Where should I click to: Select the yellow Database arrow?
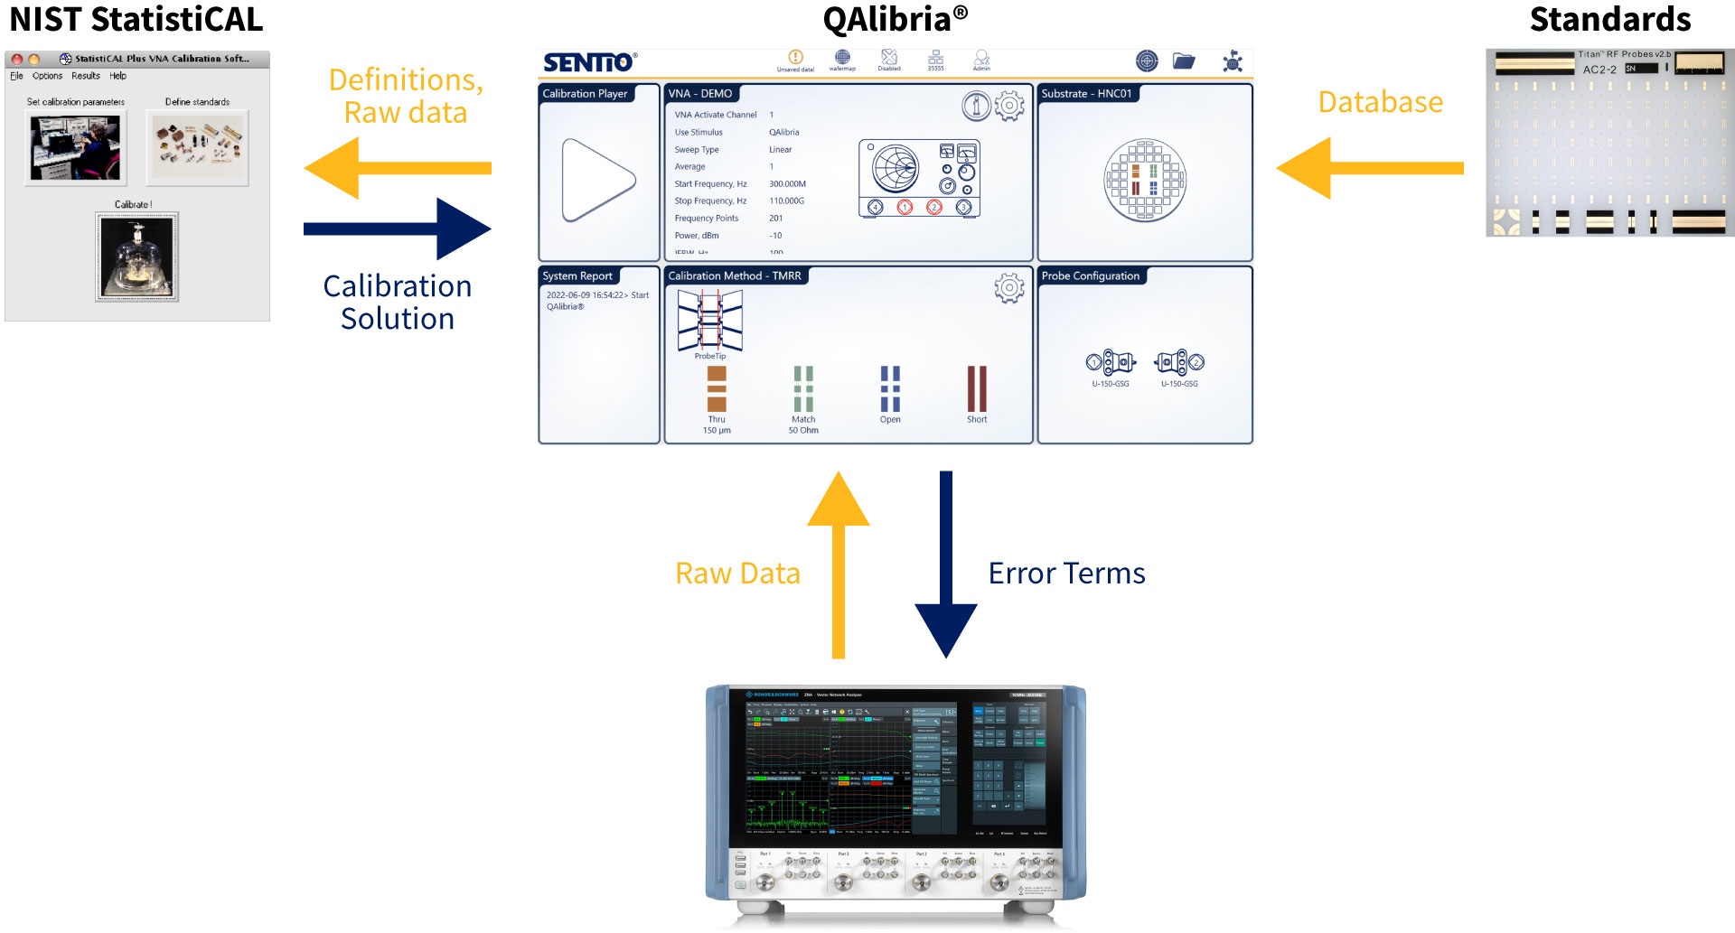(x=1368, y=168)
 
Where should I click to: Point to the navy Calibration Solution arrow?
(x=398, y=229)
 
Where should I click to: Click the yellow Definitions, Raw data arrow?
(x=398, y=168)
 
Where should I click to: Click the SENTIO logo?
(x=589, y=62)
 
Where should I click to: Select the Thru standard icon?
(x=717, y=389)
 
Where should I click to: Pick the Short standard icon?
(x=977, y=389)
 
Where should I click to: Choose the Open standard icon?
(x=890, y=389)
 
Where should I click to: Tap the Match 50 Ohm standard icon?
(x=803, y=389)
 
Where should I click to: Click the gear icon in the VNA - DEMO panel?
(x=1009, y=106)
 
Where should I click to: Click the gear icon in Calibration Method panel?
(x=1009, y=288)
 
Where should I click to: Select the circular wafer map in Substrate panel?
(x=1145, y=181)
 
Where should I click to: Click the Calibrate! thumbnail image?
(x=137, y=257)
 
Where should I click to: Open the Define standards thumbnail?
(x=197, y=148)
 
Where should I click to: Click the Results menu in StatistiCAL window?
(x=86, y=76)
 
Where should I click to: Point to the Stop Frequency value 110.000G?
(x=786, y=201)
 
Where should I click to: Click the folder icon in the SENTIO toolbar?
(x=1184, y=61)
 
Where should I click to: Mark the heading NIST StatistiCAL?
(x=136, y=19)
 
